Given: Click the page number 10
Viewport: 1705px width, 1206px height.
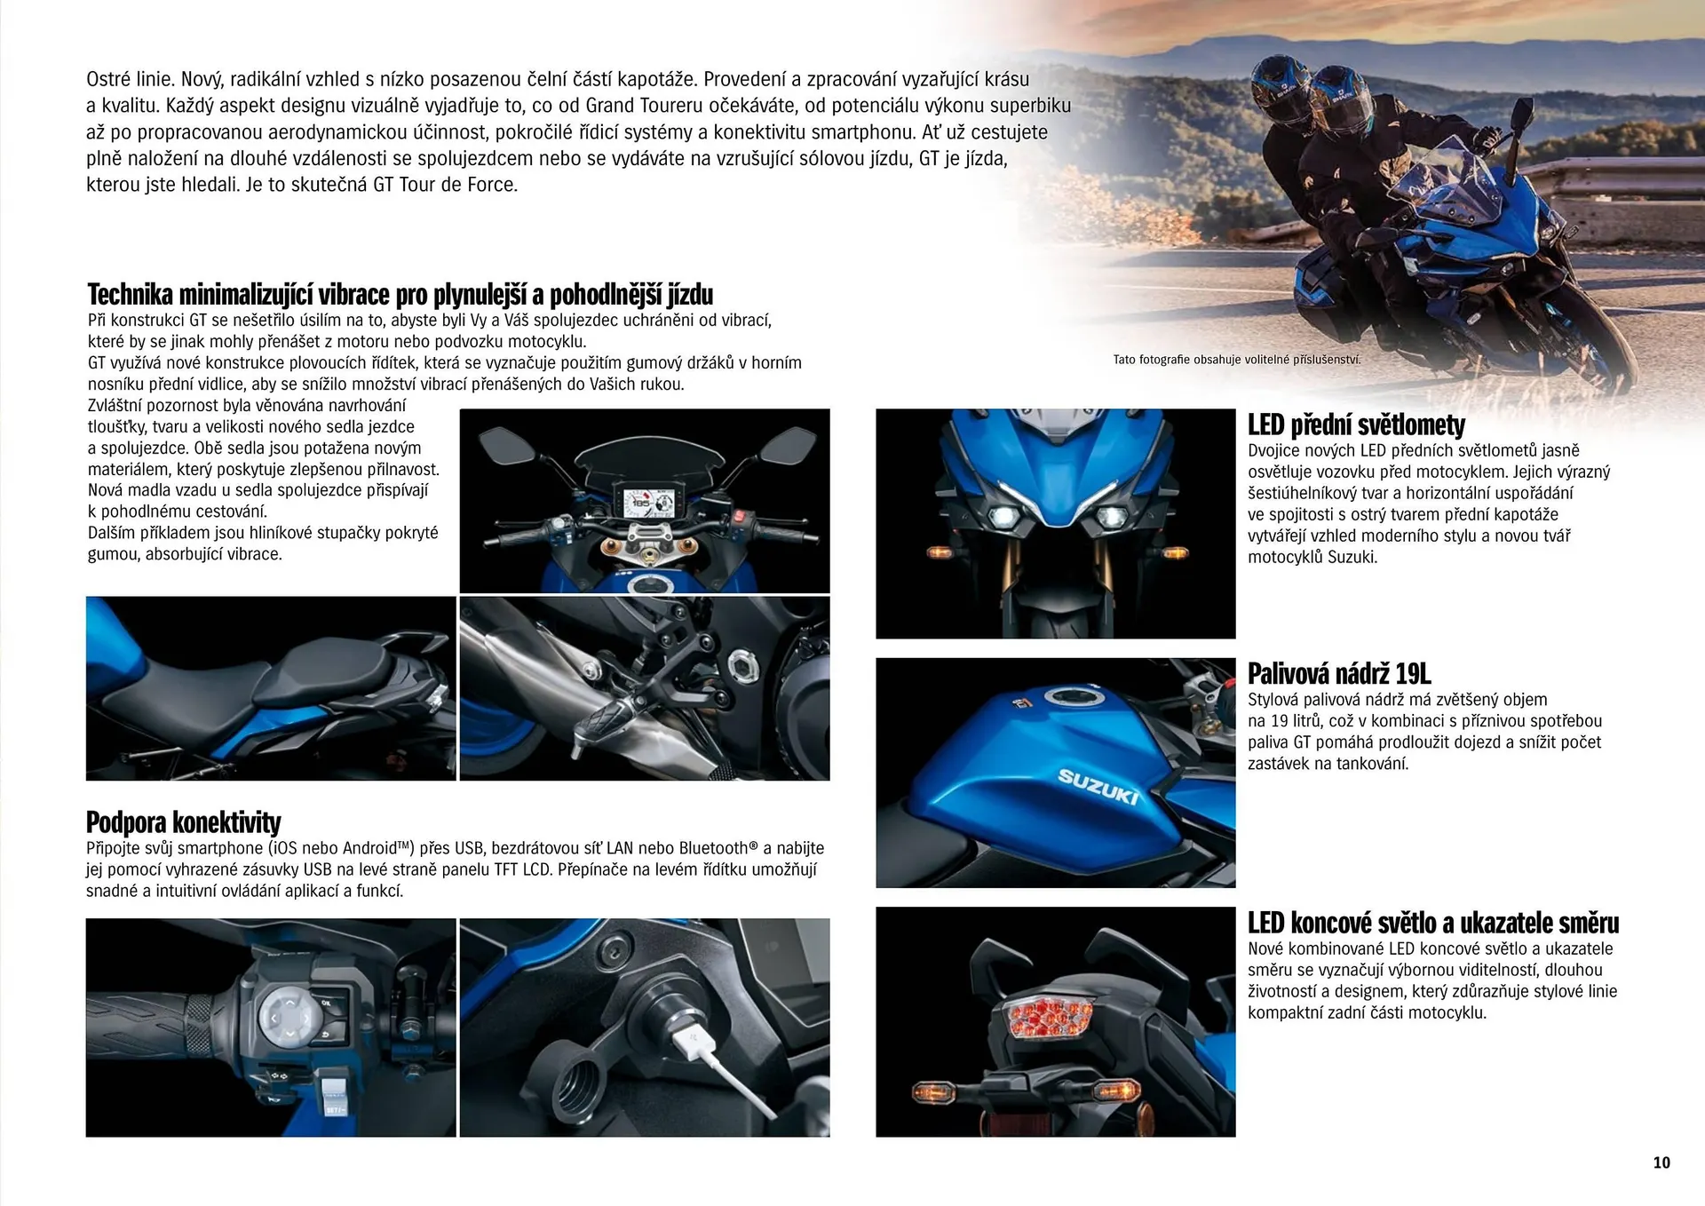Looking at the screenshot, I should [1661, 1162].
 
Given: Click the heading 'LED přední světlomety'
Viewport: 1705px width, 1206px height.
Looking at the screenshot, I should [1356, 425].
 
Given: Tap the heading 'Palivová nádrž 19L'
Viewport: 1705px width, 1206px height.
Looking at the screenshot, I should [1339, 674].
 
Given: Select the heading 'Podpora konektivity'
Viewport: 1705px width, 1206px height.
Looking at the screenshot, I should [183, 822].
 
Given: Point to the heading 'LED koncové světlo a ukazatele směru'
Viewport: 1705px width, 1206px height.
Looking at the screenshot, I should [1432, 924].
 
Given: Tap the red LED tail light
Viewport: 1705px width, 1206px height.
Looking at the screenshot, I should [1047, 1016].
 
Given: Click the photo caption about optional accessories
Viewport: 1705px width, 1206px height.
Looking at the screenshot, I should [1236, 360].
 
